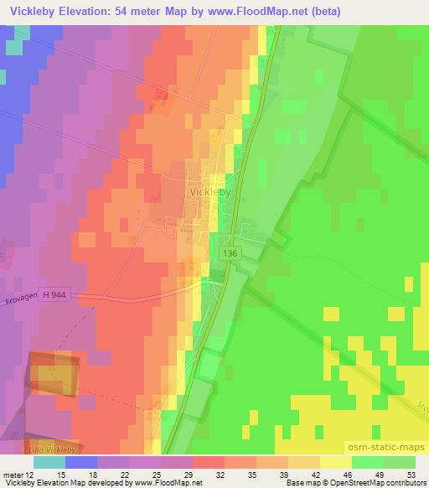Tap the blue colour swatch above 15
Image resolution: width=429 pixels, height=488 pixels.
click(81, 462)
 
